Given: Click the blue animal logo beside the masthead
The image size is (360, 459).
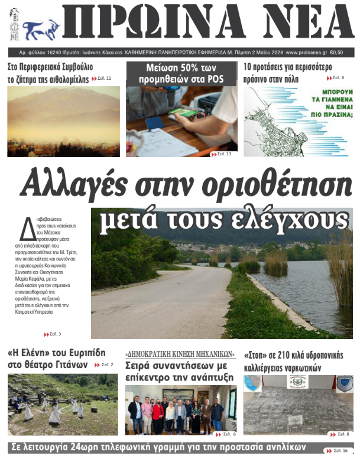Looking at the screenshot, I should coord(41,28).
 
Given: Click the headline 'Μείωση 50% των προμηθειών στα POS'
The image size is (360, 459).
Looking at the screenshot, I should coord(181,73).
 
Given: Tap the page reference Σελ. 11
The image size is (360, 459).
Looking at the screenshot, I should coord(104,79).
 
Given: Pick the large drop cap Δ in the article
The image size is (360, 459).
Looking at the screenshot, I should coord(28,228).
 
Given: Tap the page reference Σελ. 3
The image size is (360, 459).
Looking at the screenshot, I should coord(54,334).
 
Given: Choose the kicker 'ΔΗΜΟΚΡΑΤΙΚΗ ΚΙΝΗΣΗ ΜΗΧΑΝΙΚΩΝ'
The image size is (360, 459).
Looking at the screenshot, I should coord(180,354).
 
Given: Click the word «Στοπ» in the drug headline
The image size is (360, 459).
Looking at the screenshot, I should coord(255,355).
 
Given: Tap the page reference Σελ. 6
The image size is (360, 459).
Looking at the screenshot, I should coord(228,435).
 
